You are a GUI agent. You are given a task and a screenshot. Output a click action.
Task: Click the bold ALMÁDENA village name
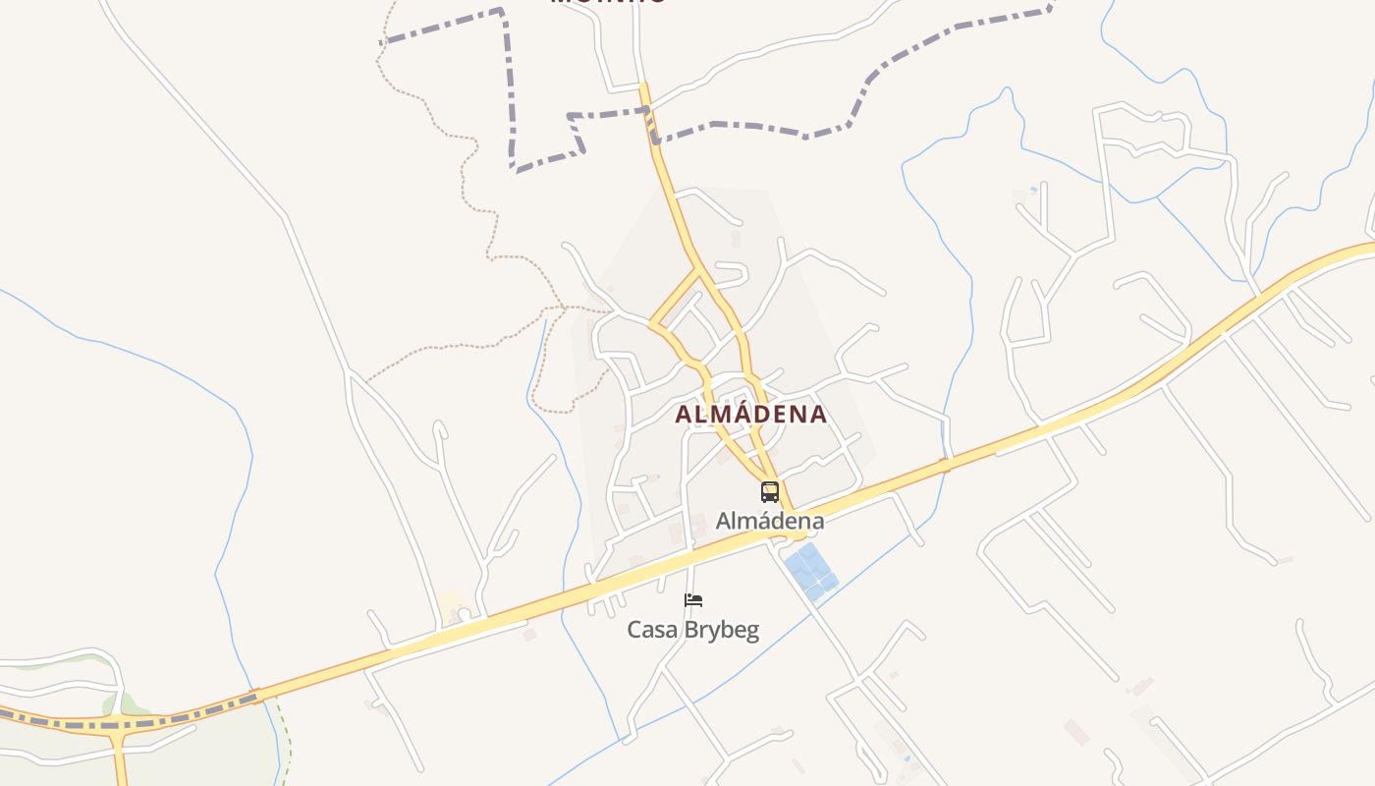click(x=751, y=415)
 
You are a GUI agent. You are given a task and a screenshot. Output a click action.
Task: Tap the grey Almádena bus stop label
click(x=769, y=521)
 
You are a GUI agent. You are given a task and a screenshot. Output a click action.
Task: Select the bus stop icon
click(x=769, y=492)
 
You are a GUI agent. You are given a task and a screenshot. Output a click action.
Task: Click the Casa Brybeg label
click(x=693, y=630)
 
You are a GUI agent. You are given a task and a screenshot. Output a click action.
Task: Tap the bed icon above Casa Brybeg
click(x=693, y=600)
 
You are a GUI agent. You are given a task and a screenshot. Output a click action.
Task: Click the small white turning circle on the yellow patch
click(x=464, y=614)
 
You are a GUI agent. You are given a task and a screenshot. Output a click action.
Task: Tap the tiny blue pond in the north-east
click(x=1033, y=189)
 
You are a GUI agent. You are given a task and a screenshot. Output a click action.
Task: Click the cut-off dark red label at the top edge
click(x=609, y=3)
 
